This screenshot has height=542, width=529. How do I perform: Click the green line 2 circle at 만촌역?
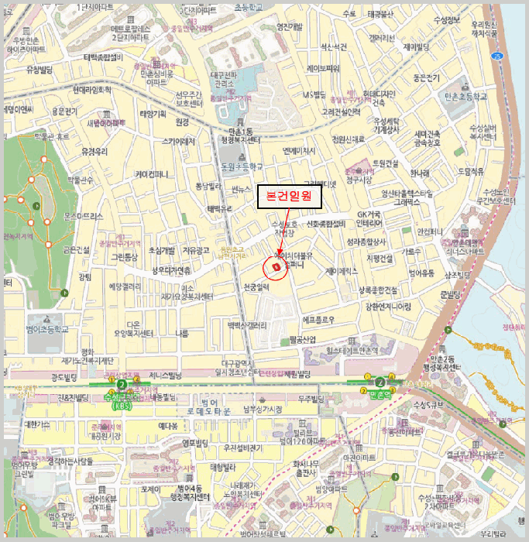380,382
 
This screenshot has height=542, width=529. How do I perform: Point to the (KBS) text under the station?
121,404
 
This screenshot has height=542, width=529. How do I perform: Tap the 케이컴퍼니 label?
158,173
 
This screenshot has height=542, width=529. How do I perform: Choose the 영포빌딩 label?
195,443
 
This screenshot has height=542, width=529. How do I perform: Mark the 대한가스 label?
37,424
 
